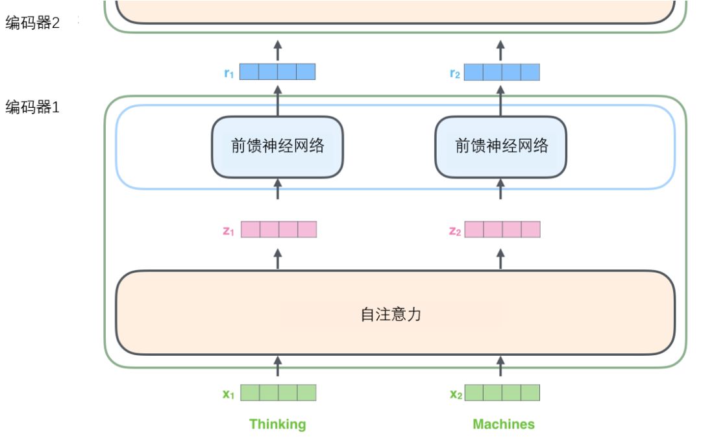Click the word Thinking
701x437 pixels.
tap(277, 424)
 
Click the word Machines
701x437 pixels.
tap(504, 424)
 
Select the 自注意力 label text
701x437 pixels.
tap(391, 314)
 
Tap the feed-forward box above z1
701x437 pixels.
tap(277, 146)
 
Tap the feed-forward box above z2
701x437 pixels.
tap(500, 146)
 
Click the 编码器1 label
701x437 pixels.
tap(32, 107)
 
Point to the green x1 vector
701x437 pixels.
tap(278, 393)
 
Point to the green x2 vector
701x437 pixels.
tap(502, 393)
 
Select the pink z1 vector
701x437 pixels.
tap(278, 230)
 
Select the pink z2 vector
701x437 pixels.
tap(502, 230)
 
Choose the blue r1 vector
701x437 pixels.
tap(277, 72)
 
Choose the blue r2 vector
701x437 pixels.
tap(502, 72)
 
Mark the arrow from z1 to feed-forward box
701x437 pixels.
tap(278, 190)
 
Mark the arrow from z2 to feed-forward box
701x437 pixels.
tap(500, 190)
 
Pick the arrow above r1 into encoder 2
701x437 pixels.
tap(278, 49)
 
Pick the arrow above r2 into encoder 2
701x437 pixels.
tap(500, 49)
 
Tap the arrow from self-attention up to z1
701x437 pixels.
tap(278, 258)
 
